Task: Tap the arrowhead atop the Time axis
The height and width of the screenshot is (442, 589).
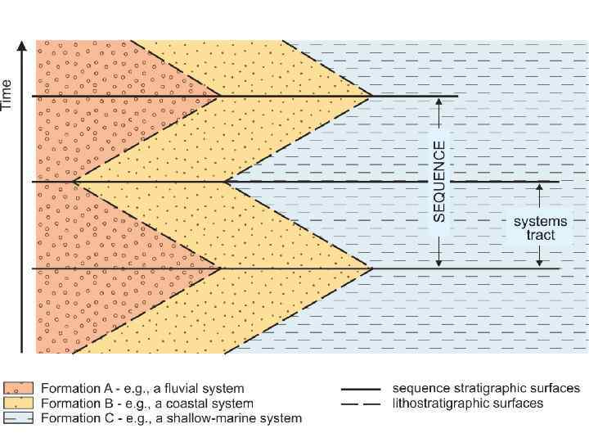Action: coord(22,43)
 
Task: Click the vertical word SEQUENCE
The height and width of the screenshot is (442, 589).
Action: coord(439,181)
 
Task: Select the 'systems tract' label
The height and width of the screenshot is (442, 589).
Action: coord(540,228)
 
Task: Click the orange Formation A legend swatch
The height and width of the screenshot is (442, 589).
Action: coord(20,389)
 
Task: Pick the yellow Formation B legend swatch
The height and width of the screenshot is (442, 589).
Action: coord(20,404)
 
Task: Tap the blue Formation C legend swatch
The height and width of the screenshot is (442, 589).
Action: coord(20,418)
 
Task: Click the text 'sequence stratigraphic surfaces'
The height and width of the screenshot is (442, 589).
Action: coord(486,389)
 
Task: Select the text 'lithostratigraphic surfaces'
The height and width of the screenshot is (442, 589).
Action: coord(468,404)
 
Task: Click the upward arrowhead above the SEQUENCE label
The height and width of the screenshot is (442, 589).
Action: coord(439,101)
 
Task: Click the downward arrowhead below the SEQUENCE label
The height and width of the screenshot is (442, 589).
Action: coord(439,263)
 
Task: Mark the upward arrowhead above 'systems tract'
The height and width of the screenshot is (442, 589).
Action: coord(540,187)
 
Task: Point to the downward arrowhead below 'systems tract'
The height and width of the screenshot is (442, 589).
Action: coord(540,263)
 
